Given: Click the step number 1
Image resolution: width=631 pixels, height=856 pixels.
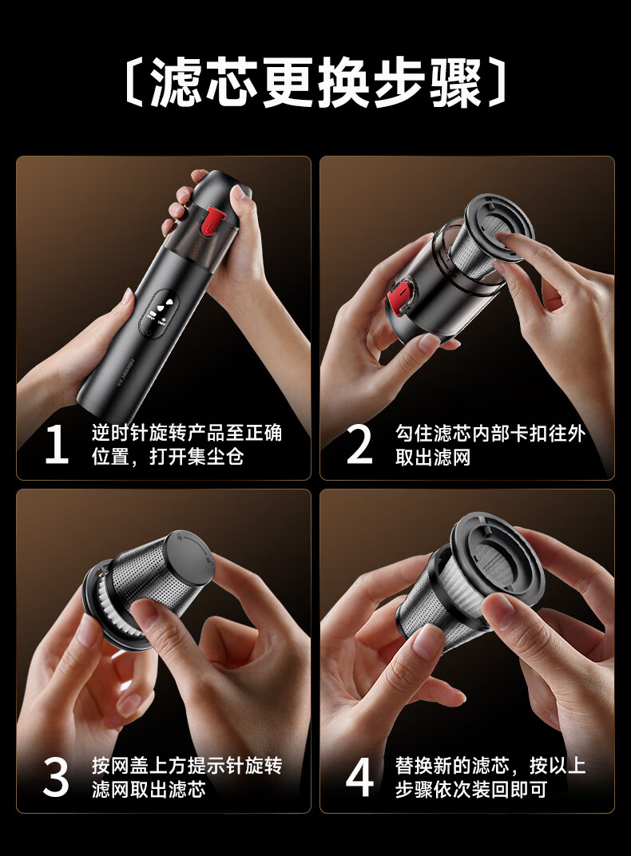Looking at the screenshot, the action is click(x=57, y=445).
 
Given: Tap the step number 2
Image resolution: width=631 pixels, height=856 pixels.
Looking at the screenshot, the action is click(x=359, y=445).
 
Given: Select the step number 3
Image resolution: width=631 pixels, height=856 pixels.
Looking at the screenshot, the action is click(x=56, y=777).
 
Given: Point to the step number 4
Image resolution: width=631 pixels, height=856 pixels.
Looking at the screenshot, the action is click(x=359, y=777).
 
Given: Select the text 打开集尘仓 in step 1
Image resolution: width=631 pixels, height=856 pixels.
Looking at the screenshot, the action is click(x=196, y=457).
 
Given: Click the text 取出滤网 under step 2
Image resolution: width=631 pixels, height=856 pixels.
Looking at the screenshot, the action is click(x=433, y=457).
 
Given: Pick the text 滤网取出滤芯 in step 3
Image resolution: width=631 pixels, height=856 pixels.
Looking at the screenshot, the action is click(x=149, y=789).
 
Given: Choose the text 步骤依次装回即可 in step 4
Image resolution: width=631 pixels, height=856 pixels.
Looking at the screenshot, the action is click(x=471, y=789).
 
